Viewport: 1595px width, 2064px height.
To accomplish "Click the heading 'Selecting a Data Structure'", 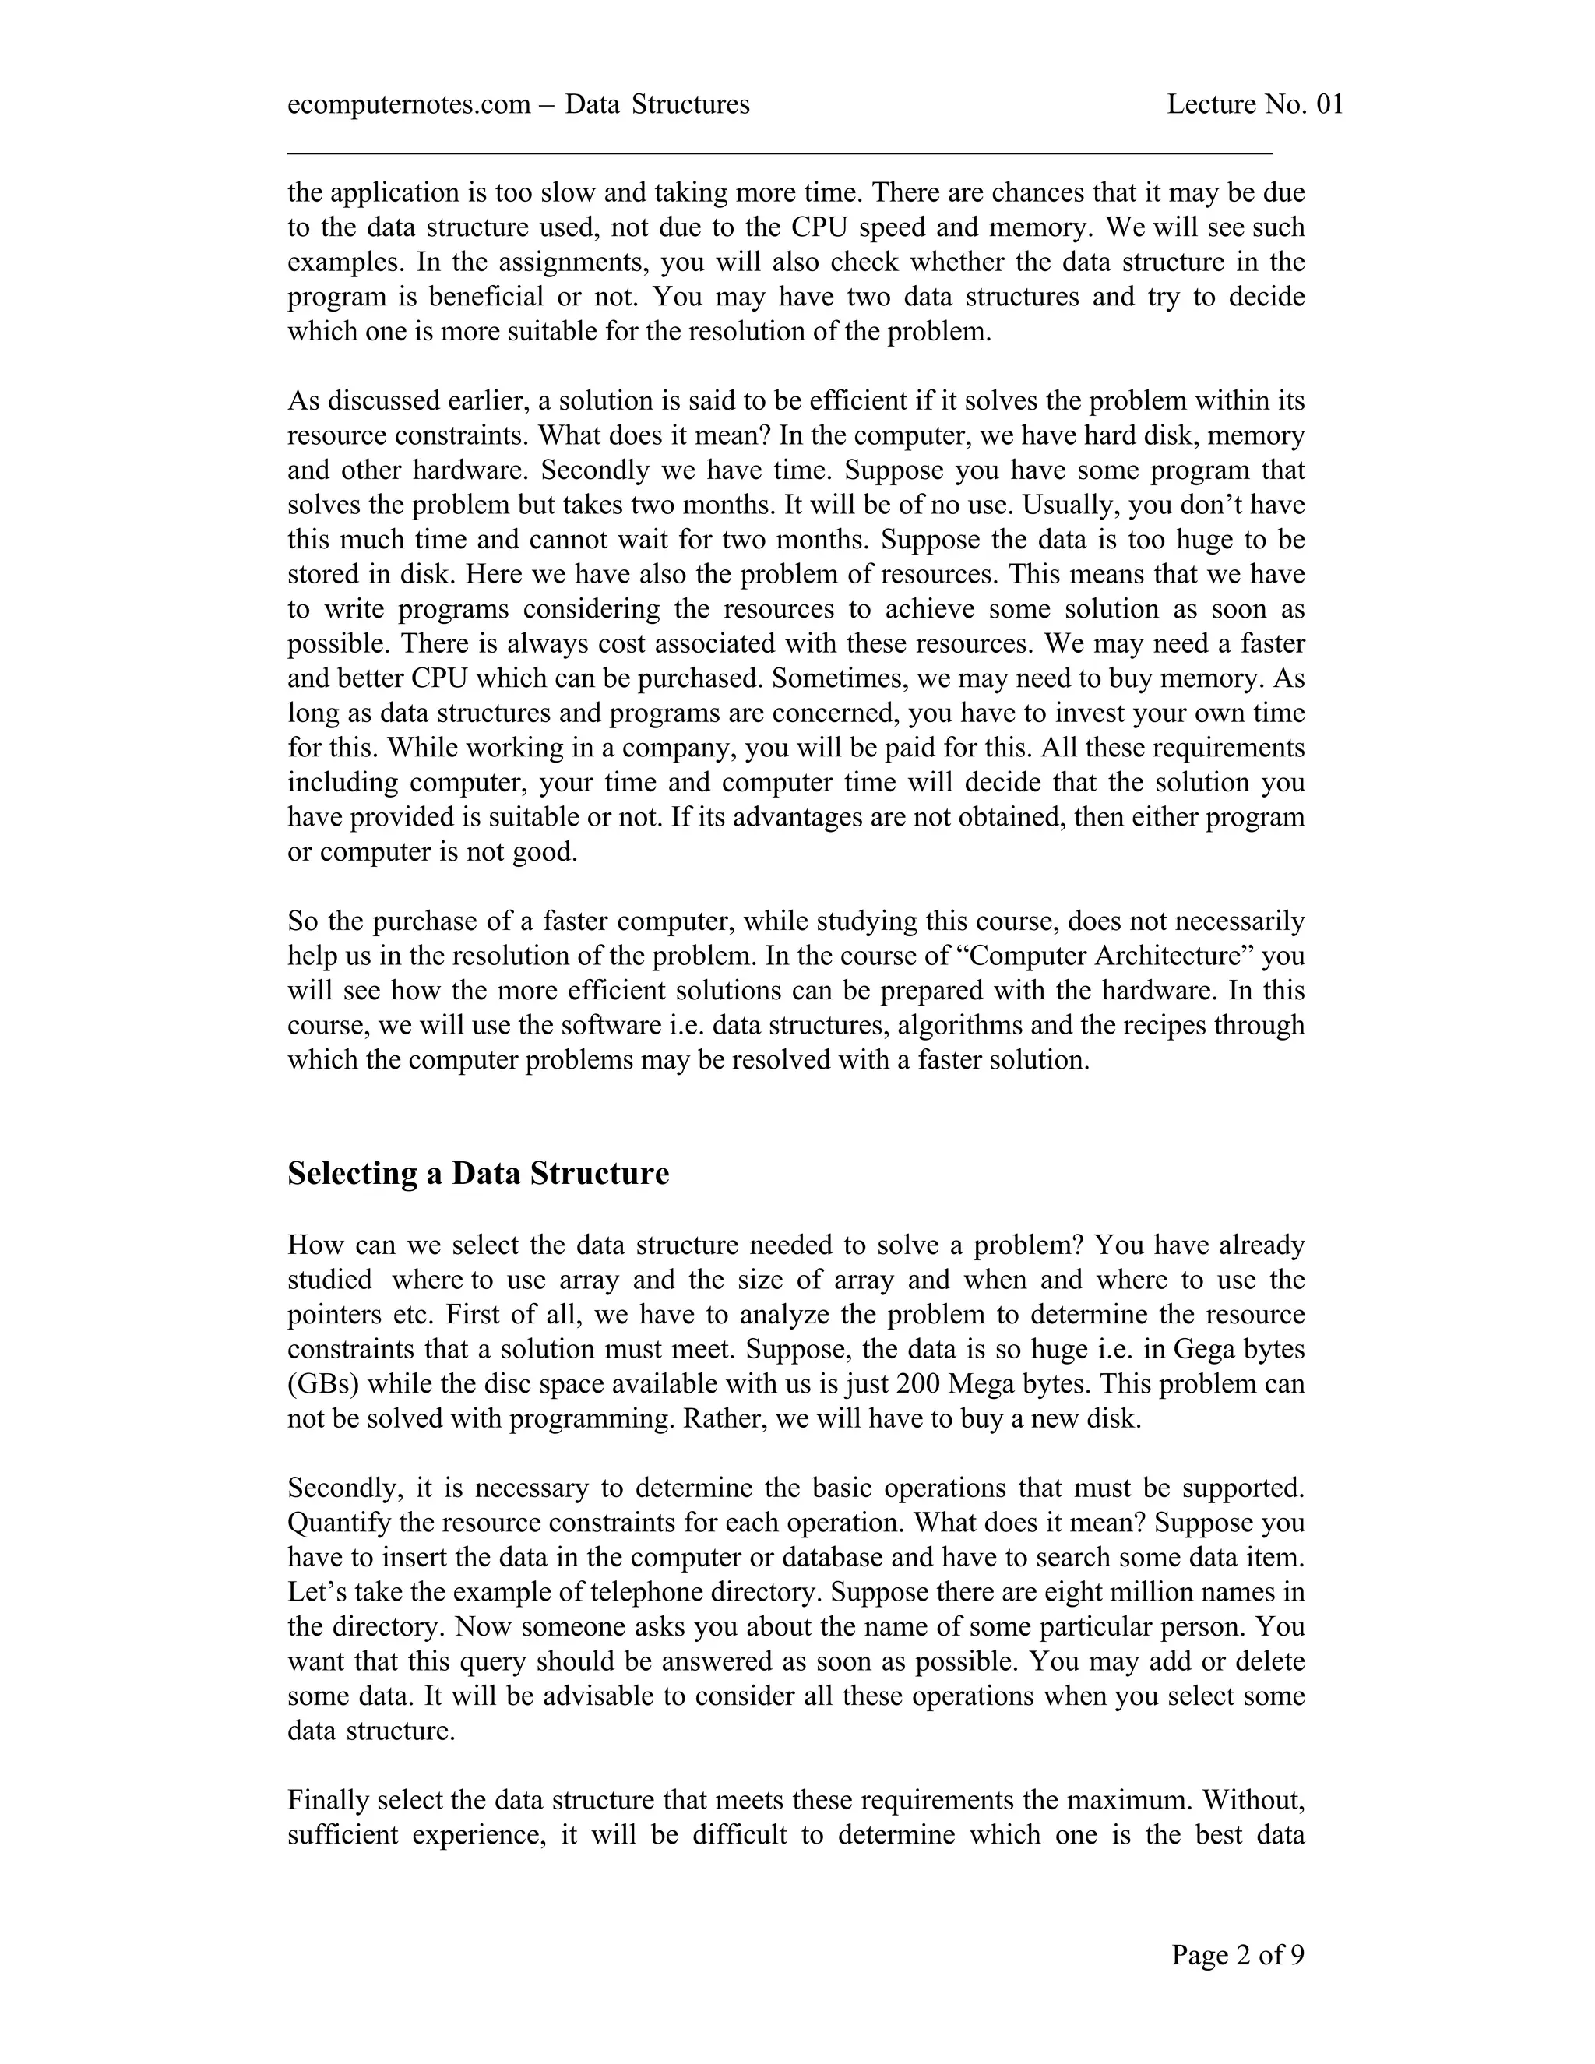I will pos(478,1174).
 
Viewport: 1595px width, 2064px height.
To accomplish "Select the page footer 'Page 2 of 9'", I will pos(1238,1954).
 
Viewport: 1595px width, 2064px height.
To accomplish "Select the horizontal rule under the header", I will pos(780,151).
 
